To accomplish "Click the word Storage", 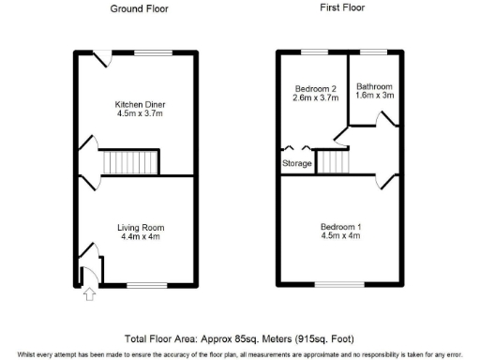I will point(297,164).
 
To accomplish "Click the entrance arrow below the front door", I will point(89,295).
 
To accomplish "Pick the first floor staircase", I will point(335,161).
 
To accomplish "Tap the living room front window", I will point(147,284).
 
